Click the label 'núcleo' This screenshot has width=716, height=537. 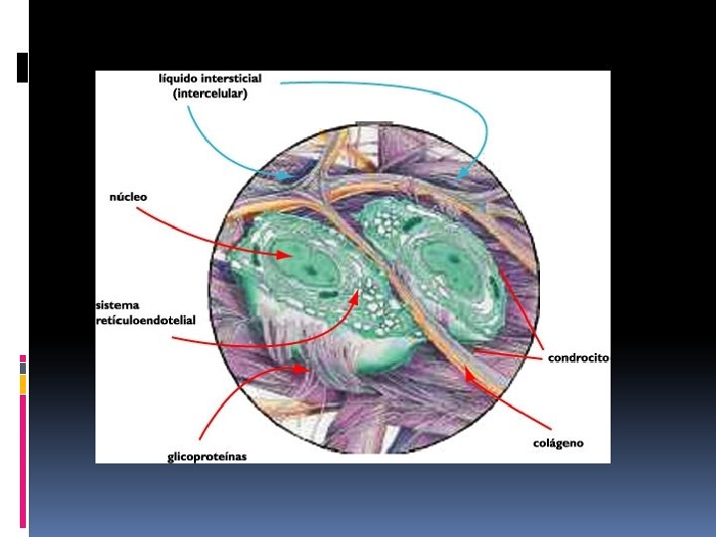(x=128, y=197)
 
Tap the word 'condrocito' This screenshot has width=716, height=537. (x=578, y=358)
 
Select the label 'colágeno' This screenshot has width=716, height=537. (x=558, y=443)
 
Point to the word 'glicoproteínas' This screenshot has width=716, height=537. (x=206, y=457)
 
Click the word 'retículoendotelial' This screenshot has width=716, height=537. (x=146, y=320)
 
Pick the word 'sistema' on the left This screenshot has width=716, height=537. (x=118, y=304)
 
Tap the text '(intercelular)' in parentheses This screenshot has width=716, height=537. (x=211, y=93)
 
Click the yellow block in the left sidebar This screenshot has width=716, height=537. (x=23, y=384)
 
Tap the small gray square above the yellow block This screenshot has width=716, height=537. (x=23, y=368)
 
